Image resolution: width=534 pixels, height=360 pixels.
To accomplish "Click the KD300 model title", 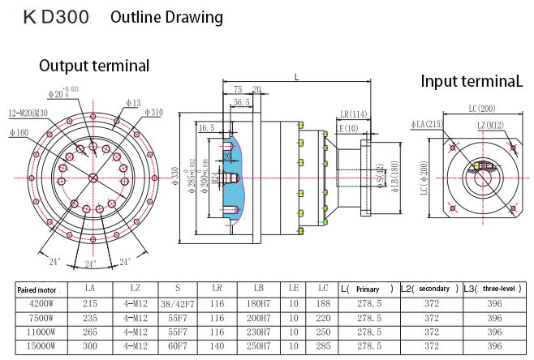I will click(56, 16).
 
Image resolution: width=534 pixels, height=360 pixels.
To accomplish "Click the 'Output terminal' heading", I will click(93, 66).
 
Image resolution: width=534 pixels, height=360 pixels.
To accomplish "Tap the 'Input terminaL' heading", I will click(472, 81).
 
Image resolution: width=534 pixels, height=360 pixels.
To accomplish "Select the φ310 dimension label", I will click(152, 112).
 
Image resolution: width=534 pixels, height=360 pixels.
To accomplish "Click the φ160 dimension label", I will click(19, 132).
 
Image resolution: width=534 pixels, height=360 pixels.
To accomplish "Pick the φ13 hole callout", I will click(133, 103).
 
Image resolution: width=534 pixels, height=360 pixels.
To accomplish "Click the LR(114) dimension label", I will click(353, 114).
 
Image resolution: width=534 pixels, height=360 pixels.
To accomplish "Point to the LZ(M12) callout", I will click(491, 124).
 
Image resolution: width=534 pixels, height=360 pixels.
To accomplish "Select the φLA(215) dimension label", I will click(427, 124).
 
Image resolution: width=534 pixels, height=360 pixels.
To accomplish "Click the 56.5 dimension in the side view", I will click(241, 102).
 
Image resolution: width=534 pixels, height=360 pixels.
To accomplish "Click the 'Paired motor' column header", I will click(38, 289).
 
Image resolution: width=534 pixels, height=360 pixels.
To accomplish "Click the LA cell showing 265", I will click(89, 332).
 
